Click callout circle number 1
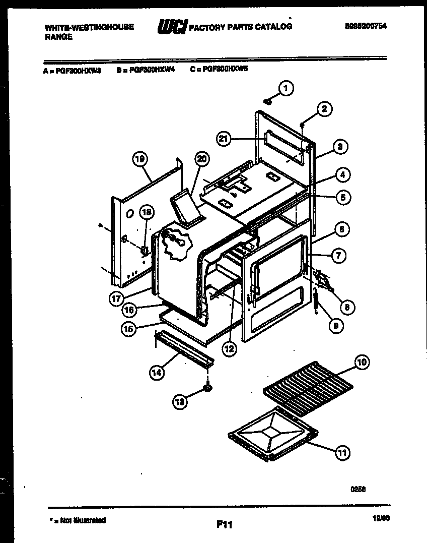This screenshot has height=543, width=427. (x=286, y=89)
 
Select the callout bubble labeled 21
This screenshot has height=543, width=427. (x=225, y=139)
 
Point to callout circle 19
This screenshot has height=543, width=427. (x=141, y=160)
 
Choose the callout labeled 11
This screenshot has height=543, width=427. (x=342, y=453)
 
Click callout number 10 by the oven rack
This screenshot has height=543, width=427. (x=361, y=361)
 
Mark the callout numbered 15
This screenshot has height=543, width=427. (x=129, y=329)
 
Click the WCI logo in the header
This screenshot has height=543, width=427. (x=172, y=27)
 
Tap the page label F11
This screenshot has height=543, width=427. (x=224, y=525)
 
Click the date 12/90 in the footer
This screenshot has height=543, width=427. (x=382, y=518)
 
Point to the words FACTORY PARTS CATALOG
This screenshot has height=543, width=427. (x=240, y=27)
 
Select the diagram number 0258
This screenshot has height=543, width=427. (x=358, y=489)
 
